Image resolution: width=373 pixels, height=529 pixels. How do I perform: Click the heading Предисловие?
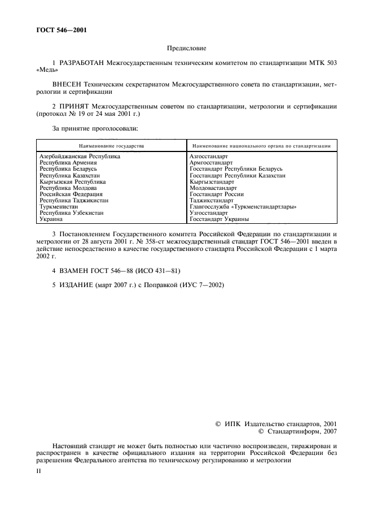coord(186,49)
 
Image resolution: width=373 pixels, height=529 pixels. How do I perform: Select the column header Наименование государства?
coord(111,146)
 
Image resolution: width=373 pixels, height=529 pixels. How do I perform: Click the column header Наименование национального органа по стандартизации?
coord(261,146)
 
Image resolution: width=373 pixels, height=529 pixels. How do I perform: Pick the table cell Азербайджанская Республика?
coord(80,156)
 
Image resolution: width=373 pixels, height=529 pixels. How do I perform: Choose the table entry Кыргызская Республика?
coord(72,181)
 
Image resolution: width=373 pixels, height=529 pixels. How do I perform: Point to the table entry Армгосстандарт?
coord(211,162)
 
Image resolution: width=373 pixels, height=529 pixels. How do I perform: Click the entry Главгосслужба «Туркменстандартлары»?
coord(243,206)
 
